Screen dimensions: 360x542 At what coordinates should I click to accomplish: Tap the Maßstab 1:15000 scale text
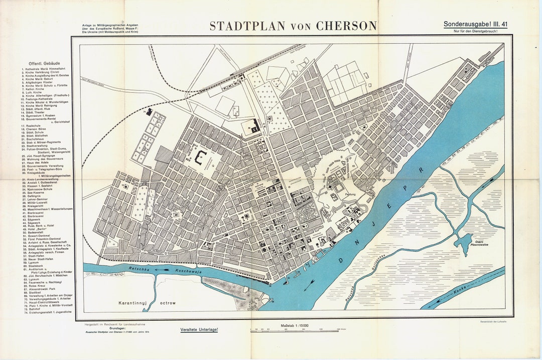click(295, 326)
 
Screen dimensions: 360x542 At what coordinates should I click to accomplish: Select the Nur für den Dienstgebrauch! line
click(477, 32)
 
